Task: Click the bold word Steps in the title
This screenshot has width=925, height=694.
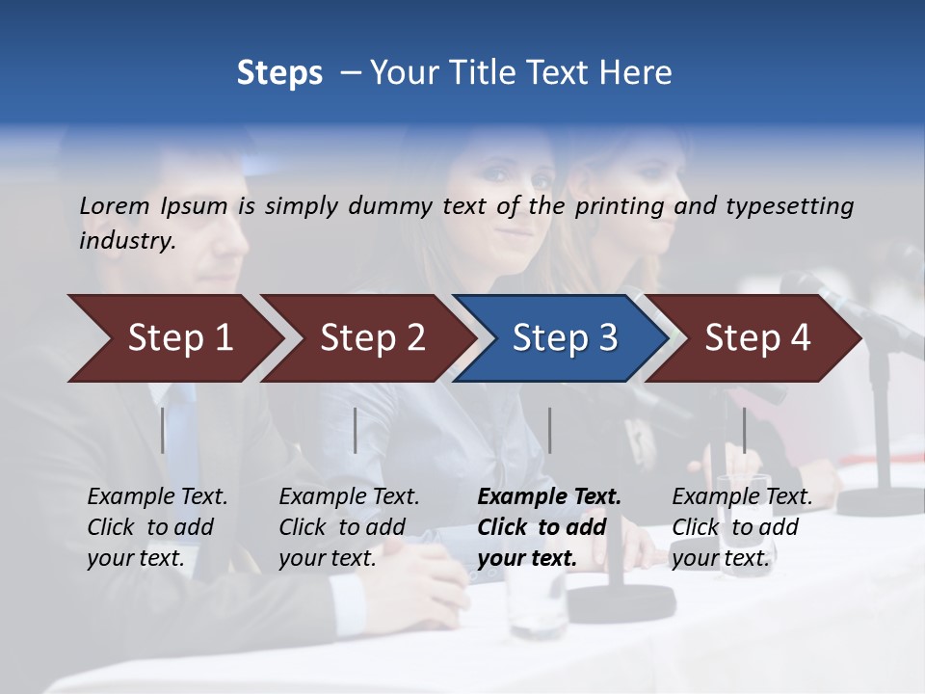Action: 279,73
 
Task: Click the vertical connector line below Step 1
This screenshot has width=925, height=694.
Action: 163,430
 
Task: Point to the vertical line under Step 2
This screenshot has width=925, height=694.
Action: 356,430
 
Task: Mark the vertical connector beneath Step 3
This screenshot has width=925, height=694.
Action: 550,430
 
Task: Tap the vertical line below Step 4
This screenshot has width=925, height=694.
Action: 744,430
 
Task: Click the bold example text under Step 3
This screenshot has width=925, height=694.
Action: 548,527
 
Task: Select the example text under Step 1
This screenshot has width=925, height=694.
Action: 157,527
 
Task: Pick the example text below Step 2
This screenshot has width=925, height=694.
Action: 349,527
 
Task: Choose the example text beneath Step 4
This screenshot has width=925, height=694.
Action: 741,527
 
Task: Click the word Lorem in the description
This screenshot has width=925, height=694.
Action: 115,205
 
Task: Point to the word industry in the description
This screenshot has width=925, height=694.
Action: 126,240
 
